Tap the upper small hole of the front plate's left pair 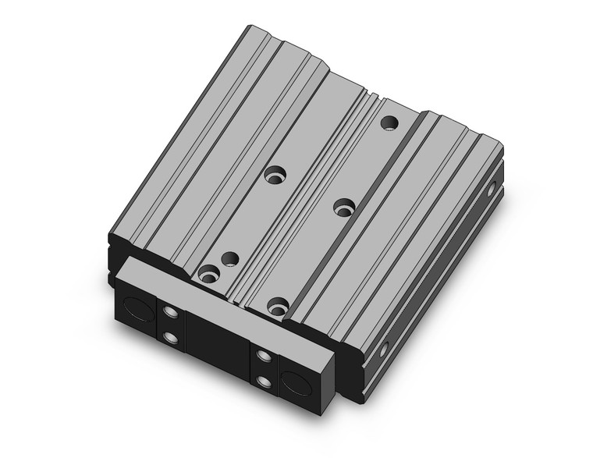[171, 314]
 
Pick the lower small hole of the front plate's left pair [171, 337]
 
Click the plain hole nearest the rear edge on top [387, 122]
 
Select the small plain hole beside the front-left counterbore [229, 258]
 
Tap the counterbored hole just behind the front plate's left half [208, 273]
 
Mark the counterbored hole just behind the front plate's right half [277, 307]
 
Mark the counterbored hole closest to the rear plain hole [344, 207]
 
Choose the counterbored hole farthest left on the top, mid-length [275, 176]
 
